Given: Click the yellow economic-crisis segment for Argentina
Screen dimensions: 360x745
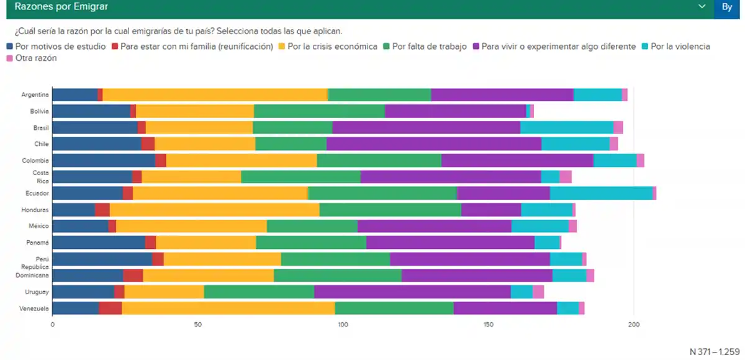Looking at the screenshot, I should tap(215, 95).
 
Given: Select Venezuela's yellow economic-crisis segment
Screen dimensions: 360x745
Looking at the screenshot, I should tap(228, 308).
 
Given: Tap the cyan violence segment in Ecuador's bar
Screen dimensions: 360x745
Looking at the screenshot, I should tap(601, 193).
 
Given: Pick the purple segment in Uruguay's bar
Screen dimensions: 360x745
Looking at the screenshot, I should tap(412, 292).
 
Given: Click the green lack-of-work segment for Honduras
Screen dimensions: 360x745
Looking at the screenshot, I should tap(391, 210).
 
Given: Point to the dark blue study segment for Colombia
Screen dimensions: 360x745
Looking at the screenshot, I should tap(104, 160).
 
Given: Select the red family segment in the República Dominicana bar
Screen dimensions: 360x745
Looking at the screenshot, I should tap(133, 275).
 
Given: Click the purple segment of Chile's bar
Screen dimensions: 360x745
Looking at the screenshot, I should tap(433, 144).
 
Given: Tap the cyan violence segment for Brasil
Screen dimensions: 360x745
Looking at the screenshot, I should tap(566, 128).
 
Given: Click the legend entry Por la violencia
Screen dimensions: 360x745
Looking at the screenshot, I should tap(679, 47).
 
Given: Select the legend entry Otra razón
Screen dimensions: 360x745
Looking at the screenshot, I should tap(36, 58).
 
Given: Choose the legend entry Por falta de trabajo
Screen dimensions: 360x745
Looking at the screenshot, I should tap(429, 47).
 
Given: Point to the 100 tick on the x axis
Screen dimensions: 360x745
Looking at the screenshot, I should tap(343, 325).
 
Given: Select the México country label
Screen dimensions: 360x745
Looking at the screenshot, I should tap(38, 226).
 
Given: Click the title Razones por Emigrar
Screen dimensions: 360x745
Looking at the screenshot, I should tap(57, 7).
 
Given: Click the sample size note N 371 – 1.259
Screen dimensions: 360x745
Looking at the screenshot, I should tap(715, 351).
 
